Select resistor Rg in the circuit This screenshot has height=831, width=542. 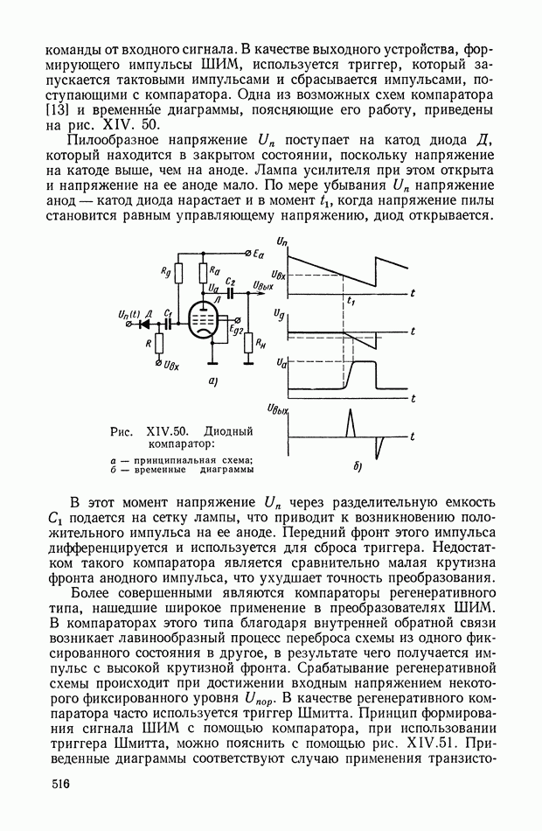click(178, 274)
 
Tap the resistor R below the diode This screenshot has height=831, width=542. click(159, 342)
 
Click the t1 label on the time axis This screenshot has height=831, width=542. click(350, 301)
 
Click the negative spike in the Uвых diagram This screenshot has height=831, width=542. click(378, 448)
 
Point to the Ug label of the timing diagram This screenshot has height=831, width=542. click(278, 312)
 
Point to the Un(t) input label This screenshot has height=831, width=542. click(128, 311)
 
